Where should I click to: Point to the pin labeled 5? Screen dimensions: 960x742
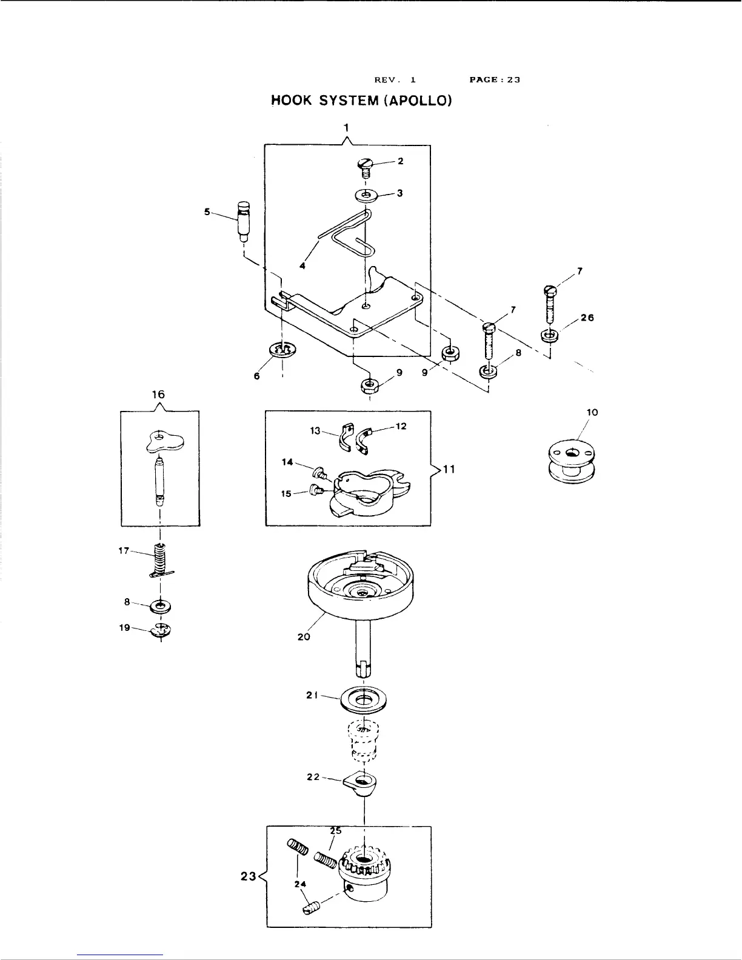pos(244,222)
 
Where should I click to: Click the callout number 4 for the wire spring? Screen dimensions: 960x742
pos(302,265)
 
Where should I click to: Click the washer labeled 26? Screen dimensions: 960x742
pos(549,335)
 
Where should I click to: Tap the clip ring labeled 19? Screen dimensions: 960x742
pos(162,630)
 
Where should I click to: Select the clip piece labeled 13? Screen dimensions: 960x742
pos(346,438)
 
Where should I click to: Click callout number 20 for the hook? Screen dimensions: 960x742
pos(304,637)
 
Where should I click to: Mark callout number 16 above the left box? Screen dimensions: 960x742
pos(158,395)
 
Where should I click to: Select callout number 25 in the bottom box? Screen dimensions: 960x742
pos(335,831)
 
